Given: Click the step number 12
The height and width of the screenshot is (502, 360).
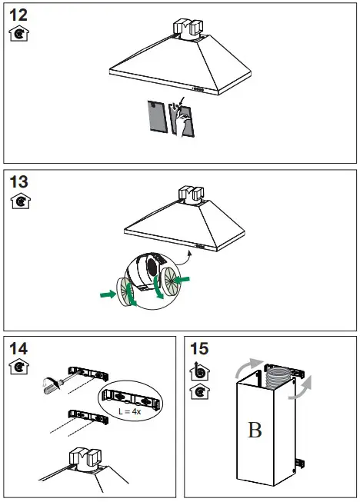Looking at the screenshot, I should coord(18,15).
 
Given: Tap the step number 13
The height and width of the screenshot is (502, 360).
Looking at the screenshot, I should coord(18,182).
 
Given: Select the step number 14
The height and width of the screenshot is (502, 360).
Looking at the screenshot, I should coord(18,348).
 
